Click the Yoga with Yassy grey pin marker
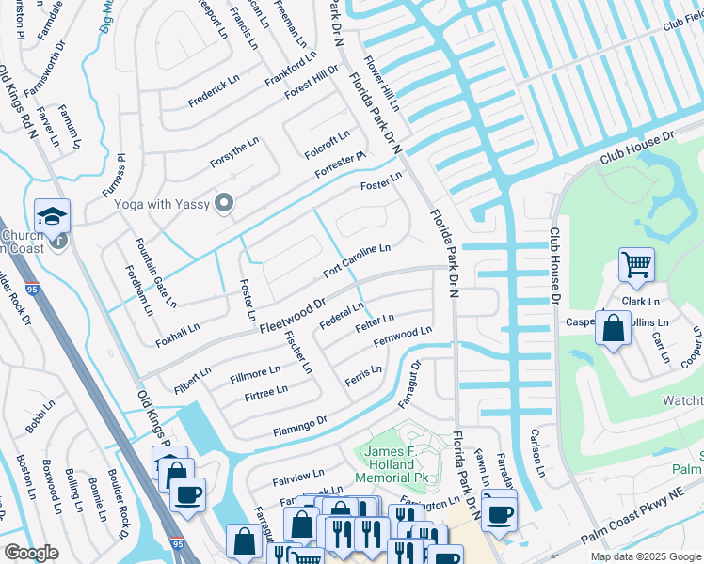pyautogui.click(x=224, y=203)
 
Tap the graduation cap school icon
pyautogui.click(x=53, y=216)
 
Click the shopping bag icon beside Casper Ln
pyautogui.click(x=613, y=329)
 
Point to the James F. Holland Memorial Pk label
pyautogui.click(x=386, y=465)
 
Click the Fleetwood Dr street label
pyautogui.click(x=292, y=315)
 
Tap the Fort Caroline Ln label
pyautogui.click(x=357, y=261)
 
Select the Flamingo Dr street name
pyautogui.click(x=299, y=426)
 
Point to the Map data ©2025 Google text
pyautogui.click(x=645, y=556)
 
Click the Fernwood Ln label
pyautogui.click(x=402, y=337)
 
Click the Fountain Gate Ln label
pyautogui.click(x=156, y=274)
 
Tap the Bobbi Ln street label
pyautogui.click(x=41, y=416)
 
